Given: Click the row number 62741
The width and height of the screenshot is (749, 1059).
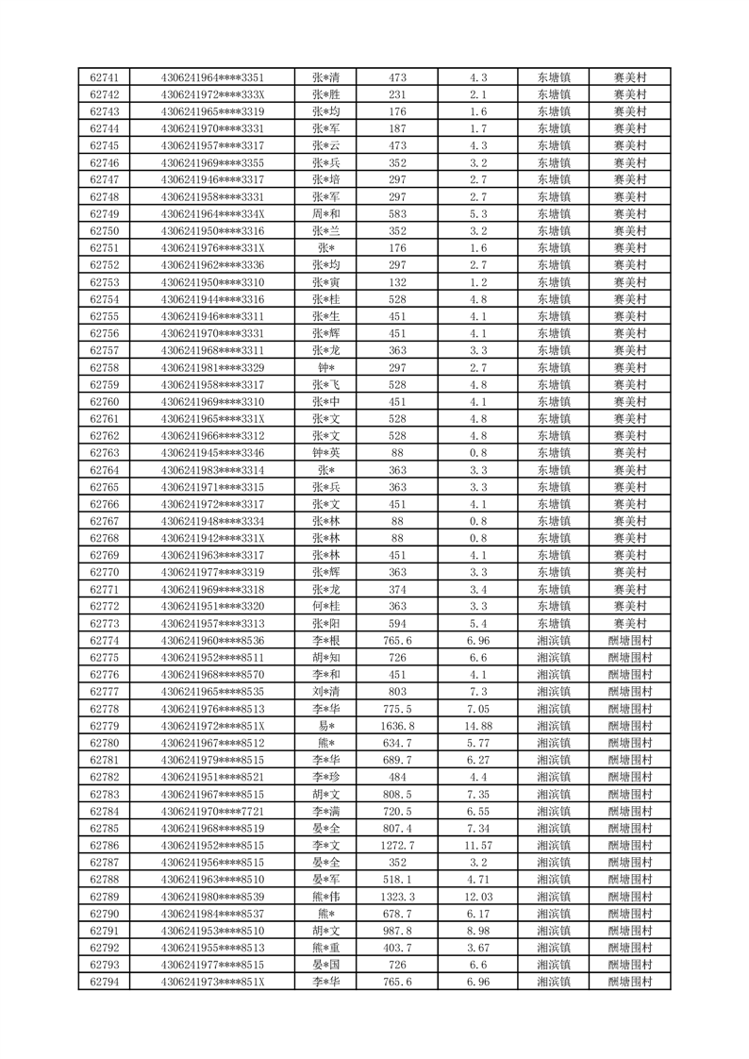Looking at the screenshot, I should point(104,77).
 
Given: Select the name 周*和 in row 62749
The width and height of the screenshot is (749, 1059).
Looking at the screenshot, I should point(325,214).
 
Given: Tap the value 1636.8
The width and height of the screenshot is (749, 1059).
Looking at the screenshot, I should point(398,726).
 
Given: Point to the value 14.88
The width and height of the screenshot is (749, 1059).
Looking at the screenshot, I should point(478,726).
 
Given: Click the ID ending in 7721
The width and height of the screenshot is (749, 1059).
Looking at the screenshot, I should point(212,811).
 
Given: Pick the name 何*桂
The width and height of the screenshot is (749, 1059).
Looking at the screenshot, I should point(325,606).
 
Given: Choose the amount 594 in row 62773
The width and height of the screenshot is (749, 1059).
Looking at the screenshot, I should point(398,623).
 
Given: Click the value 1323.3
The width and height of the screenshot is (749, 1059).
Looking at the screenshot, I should point(398,897).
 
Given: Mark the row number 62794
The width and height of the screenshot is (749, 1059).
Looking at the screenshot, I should point(104,982).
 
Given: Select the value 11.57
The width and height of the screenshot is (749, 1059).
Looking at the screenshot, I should point(478,846).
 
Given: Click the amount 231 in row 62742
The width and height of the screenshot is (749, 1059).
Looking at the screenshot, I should point(398,94).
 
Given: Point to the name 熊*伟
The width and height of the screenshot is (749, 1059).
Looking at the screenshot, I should point(325,897).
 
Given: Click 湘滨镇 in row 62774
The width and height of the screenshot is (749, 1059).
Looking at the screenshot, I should point(554,640).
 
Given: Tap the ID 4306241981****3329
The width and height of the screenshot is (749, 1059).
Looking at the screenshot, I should point(212,367).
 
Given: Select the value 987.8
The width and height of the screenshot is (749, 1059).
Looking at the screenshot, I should point(398,931).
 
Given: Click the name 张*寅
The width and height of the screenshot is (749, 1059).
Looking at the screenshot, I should point(325,282).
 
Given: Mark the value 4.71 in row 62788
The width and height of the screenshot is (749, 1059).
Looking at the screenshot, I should point(478,880).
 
